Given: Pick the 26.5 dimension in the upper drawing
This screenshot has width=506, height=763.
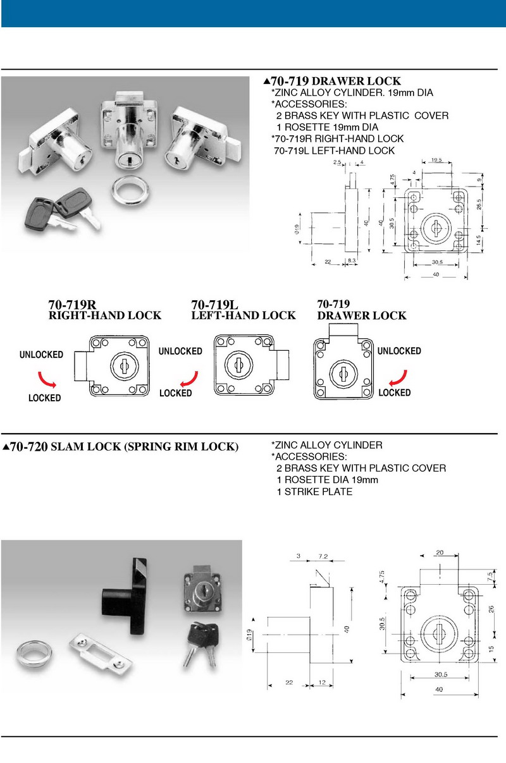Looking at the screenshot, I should [479, 205].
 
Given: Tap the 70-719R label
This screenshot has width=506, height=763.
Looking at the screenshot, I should [72, 304].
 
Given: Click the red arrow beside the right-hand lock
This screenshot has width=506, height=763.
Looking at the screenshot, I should [47, 378].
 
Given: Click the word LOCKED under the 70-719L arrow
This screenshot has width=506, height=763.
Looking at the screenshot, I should [175, 393].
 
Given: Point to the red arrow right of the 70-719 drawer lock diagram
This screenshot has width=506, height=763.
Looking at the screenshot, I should [397, 378].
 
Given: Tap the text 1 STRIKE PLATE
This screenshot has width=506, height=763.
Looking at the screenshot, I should [314, 491].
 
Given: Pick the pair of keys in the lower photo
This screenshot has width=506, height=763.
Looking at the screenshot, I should [201, 642].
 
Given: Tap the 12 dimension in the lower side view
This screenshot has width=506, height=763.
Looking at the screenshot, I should [322, 683].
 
